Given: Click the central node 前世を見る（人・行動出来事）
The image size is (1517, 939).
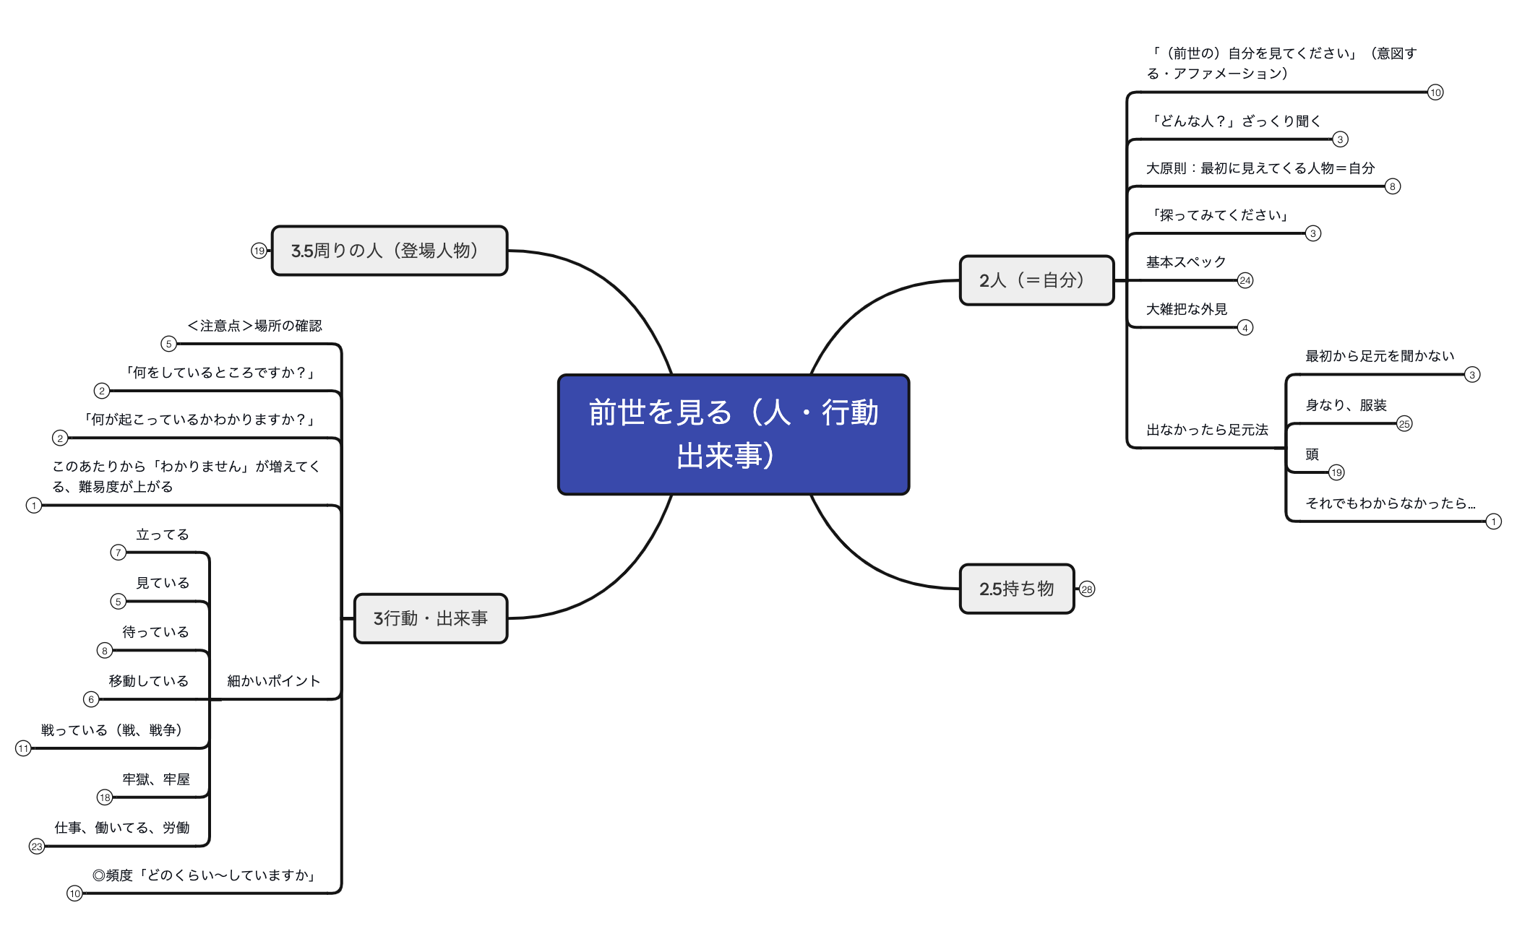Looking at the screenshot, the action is click(x=734, y=434).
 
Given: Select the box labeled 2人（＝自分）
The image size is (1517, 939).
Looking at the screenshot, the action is click(x=1036, y=280).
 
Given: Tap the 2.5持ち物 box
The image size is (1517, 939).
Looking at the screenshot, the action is click(x=1017, y=589).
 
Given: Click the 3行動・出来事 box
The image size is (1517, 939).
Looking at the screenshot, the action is click(x=431, y=618).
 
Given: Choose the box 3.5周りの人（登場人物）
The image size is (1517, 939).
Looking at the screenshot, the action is click(x=390, y=251).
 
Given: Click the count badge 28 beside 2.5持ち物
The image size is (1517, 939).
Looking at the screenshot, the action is click(x=1087, y=589).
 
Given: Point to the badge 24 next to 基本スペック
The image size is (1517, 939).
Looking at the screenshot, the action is click(x=1245, y=280).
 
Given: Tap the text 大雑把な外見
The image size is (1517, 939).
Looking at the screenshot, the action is click(x=1187, y=309).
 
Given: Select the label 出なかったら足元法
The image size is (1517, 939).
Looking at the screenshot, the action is click(x=1207, y=430).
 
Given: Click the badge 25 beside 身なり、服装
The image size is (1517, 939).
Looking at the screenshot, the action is click(x=1404, y=424).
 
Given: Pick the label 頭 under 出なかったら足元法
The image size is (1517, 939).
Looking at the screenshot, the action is click(x=1312, y=454).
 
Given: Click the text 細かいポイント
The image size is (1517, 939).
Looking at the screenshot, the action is click(x=273, y=681).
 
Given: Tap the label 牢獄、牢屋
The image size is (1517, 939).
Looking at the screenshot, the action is click(x=156, y=779).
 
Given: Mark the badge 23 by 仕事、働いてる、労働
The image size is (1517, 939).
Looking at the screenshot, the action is click(x=37, y=847).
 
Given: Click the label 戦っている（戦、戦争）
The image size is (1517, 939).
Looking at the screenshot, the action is click(x=111, y=730).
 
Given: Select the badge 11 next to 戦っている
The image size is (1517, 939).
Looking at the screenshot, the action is click(x=23, y=748).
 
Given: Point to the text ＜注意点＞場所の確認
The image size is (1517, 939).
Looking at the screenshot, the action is click(x=254, y=326).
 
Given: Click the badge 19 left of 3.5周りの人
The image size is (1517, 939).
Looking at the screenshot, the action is click(x=259, y=251).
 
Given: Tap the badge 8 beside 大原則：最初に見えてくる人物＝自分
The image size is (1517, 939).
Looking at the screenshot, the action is click(x=1393, y=186).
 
